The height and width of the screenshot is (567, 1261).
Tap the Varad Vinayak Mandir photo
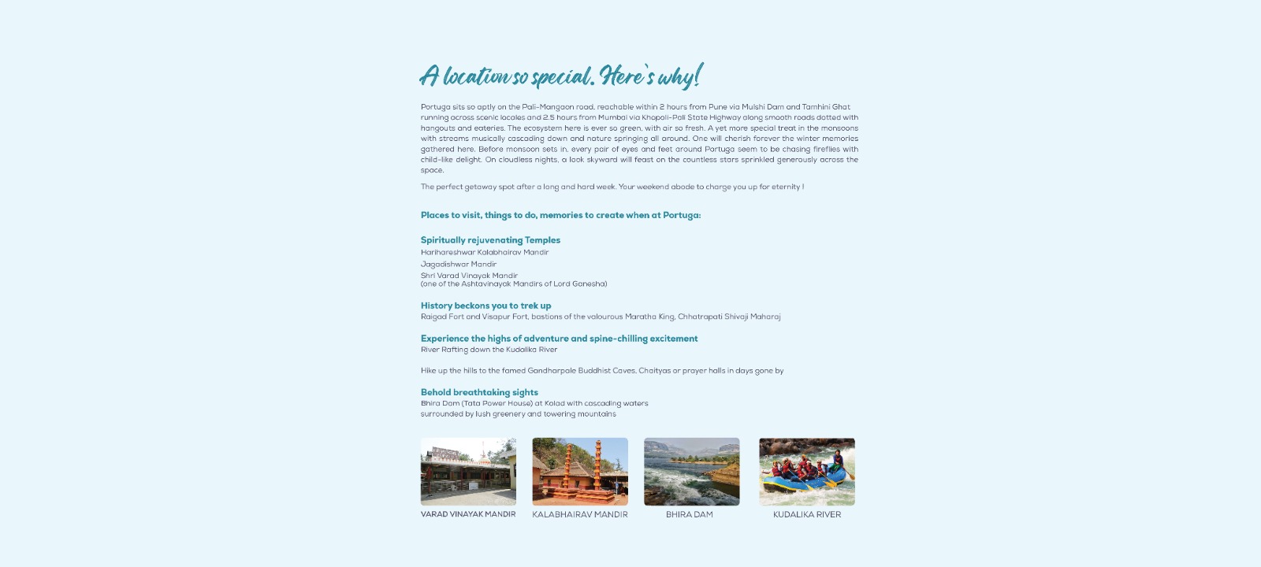tap(468, 472)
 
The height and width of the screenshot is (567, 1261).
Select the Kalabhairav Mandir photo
tap(580, 472)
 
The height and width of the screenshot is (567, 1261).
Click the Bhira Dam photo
tap(691, 472)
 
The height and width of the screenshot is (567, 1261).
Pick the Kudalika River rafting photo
tap(806, 472)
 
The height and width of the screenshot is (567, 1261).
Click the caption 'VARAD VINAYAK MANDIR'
tap(468, 514)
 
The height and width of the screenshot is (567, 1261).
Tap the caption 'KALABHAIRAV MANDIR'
tap(580, 515)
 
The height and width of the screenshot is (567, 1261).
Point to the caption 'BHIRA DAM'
tap(690, 515)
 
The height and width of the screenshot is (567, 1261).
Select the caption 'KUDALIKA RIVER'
tap(807, 515)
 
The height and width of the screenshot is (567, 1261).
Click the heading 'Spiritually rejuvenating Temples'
tap(490, 240)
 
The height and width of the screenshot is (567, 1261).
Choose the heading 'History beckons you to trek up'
tap(485, 306)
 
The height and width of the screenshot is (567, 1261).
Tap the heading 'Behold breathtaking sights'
tap(479, 392)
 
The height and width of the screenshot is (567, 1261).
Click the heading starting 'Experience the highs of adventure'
tap(559, 339)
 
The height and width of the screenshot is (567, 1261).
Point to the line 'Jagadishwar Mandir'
tap(459, 265)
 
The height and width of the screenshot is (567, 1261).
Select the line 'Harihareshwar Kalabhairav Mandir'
tap(485, 253)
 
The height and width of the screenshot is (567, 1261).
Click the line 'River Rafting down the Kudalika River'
tap(489, 350)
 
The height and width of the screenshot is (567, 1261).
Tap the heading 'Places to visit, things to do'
tap(560, 215)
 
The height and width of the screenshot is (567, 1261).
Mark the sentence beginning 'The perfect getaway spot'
tap(612, 187)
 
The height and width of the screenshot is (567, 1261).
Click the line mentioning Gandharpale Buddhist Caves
tap(602, 371)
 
